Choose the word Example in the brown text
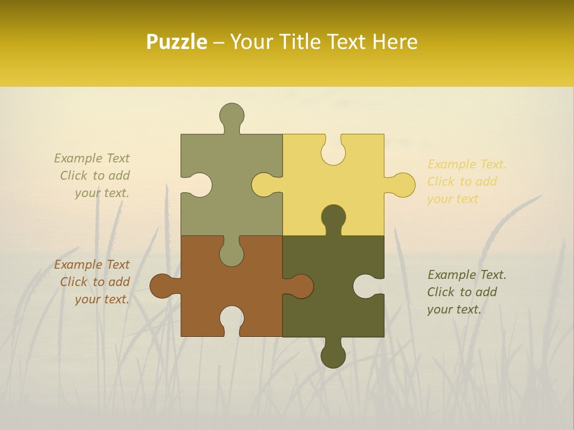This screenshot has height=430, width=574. tap(76, 265)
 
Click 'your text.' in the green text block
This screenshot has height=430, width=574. tap(102, 193)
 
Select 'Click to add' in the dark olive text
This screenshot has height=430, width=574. tap(462, 292)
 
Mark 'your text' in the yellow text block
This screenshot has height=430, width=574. tap(453, 199)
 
